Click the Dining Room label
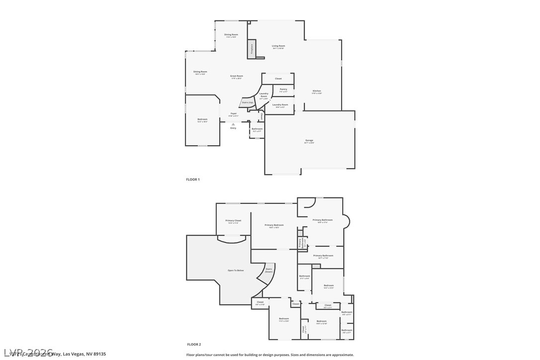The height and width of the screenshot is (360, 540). click(x=231, y=35)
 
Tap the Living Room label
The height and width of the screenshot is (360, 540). click(x=278, y=46)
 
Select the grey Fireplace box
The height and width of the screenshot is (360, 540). click(x=252, y=49)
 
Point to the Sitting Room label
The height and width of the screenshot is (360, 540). click(x=200, y=72)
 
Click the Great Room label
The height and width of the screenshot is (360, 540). click(x=237, y=76)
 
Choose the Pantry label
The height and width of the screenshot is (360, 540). click(x=283, y=90)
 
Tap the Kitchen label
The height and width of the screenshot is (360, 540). click(x=317, y=91)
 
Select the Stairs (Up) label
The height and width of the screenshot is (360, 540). click(x=247, y=102)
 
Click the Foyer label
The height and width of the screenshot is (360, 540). click(x=234, y=114)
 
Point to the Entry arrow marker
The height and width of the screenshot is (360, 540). click(x=233, y=124)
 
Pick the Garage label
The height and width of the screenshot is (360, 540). click(x=309, y=141)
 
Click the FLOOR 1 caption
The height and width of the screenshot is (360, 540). click(x=193, y=179)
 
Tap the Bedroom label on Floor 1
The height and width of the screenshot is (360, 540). click(x=202, y=119)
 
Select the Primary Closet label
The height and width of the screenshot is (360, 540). click(x=233, y=221)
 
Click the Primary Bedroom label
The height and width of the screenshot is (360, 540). click(x=274, y=225)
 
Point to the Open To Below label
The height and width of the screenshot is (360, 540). click(x=236, y=270)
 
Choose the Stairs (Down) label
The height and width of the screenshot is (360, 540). click(x=269, y=270)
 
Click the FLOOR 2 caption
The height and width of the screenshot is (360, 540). click(x=194, y=344)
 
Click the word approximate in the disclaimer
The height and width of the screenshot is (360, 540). click(x=343, y=355)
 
